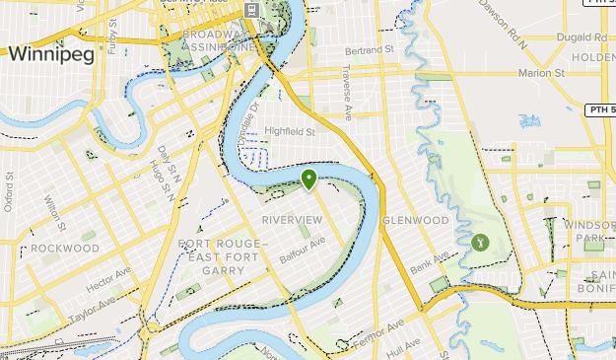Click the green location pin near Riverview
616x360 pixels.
pos(308,179)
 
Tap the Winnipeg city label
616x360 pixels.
pos(51,55)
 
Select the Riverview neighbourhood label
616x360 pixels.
pos(292,219)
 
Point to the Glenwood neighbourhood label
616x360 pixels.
pos(415,220)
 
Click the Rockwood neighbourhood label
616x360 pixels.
pos(64,249)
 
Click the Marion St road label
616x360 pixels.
pos(541,73)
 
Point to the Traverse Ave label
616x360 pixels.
pos(346,86)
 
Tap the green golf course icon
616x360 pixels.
pos(480,240)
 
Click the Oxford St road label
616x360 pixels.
pos(9,193)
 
